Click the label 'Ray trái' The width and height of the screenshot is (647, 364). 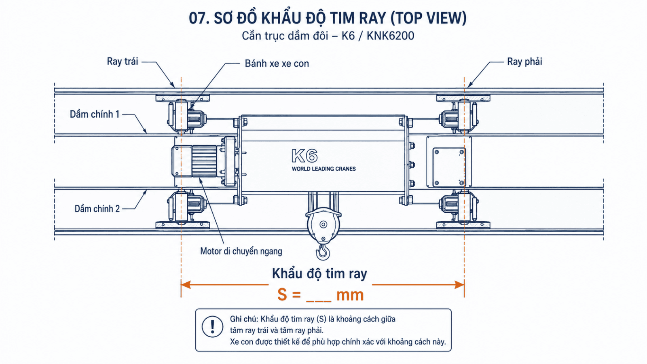click(123, 61)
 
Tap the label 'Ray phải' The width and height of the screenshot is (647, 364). click(524, 61)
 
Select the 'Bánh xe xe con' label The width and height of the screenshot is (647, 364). click(277, 63)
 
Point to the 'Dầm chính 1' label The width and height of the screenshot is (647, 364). click(95, 114)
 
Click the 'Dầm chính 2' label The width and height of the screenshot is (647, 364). click(97, 209)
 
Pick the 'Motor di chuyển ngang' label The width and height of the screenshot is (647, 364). click(241, 251)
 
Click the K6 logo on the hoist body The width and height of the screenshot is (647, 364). click(304, 156)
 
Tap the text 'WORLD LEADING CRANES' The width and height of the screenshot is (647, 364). click(323, 169)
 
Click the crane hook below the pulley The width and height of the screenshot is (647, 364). click(323, 251)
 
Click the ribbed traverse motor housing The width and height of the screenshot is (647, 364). click(204, 161)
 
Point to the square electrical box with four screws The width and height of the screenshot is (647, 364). click(448, 167)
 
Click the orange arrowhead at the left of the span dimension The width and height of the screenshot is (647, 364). click(186, 285)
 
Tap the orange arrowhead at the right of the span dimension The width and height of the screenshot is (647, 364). click(459, 285)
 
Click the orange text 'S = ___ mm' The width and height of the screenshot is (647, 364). click(320, 295)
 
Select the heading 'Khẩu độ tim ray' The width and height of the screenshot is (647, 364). click(319, 273)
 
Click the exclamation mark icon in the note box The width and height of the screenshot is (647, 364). click(212, 327)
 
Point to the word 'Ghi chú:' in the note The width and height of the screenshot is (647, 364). click(244, 319)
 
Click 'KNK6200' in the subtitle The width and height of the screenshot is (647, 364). click(391, 36)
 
